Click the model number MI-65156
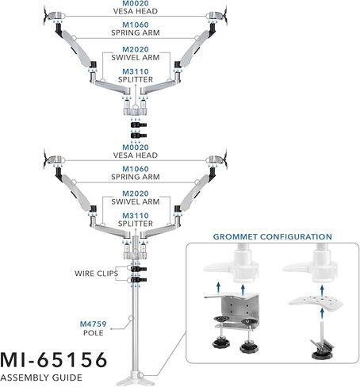54,360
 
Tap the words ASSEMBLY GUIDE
41,377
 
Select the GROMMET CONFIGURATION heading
273,236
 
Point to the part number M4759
93,324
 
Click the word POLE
94,333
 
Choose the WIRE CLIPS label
96,274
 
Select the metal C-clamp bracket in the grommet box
232,312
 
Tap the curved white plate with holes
316,302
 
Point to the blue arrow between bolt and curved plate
322,314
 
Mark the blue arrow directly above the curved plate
322,291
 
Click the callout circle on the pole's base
141,375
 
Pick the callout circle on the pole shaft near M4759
130,318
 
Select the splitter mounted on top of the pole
136,250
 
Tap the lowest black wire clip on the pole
138,280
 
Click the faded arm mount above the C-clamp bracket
232,263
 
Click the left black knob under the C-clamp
221,343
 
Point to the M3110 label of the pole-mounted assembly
136,216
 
